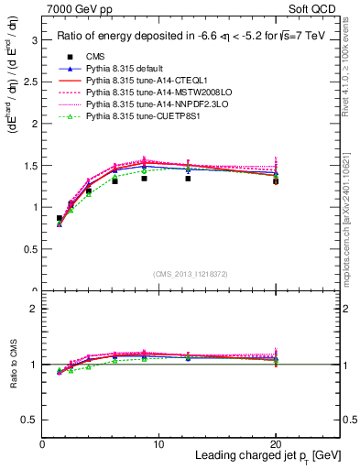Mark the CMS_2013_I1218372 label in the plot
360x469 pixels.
click(191, 274)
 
